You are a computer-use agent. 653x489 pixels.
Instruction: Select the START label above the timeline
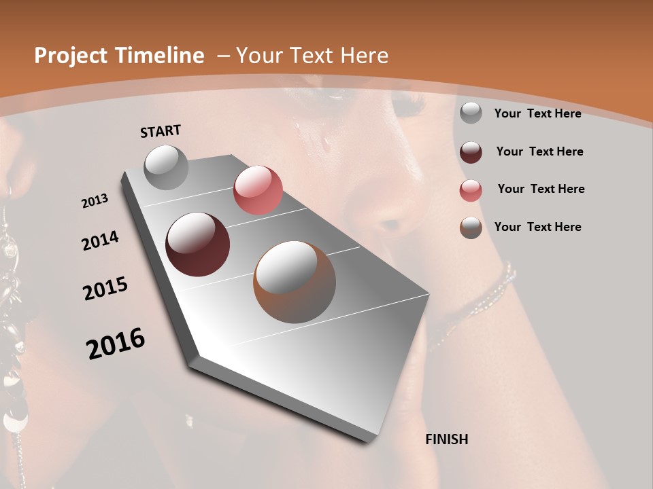point(161,131)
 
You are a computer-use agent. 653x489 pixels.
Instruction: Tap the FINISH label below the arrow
point(446,439)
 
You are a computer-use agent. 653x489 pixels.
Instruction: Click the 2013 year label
point(95,201)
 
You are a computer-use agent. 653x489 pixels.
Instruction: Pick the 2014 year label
point(100,241)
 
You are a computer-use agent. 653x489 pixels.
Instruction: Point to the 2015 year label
point(105,289)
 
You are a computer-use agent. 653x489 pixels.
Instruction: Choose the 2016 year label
point(116,344)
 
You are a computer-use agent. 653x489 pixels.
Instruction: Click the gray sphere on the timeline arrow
point(167,167)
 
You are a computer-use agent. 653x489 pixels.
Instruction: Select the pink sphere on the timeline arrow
point(258,190)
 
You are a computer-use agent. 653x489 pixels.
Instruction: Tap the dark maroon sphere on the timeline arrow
point(198,244)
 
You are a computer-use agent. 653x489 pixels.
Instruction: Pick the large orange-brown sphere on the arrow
point(295,282)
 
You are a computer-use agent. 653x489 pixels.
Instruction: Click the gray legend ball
point(471,113)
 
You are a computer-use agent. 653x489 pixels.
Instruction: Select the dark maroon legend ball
point(471,152)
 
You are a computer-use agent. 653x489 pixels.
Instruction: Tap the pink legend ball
point(471,190)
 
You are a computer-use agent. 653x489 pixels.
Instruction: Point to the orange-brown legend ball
point(471,228)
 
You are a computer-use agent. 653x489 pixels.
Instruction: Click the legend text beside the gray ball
point(537,113)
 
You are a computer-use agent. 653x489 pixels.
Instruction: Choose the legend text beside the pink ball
point(541,189)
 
